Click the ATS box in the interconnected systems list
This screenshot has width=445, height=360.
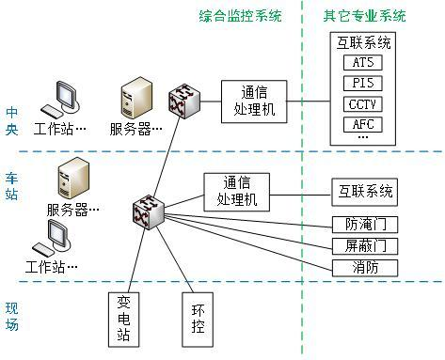pyautogui.click(x=363, y=62)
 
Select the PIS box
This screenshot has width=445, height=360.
pyautogui.click(x=363, y=83)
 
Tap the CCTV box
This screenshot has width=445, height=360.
pyautogui.click(x=363, y=103)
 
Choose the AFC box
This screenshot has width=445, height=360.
pyautogui.click(x=363, y=124)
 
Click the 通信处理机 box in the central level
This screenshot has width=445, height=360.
pyautogui.click(x=254, y=101)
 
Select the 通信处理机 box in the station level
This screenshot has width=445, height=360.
pyautogui.click(x=237, y=192)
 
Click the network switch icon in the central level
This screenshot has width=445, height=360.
pyautogui.click(x=181, y=104)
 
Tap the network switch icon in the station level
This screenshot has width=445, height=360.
pyautogui.click(x=149, y=211)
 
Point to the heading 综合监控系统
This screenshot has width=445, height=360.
pyautogui.click(x=241, y=16)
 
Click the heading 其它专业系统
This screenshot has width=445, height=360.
pyautogui.click(x=365, y=16)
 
